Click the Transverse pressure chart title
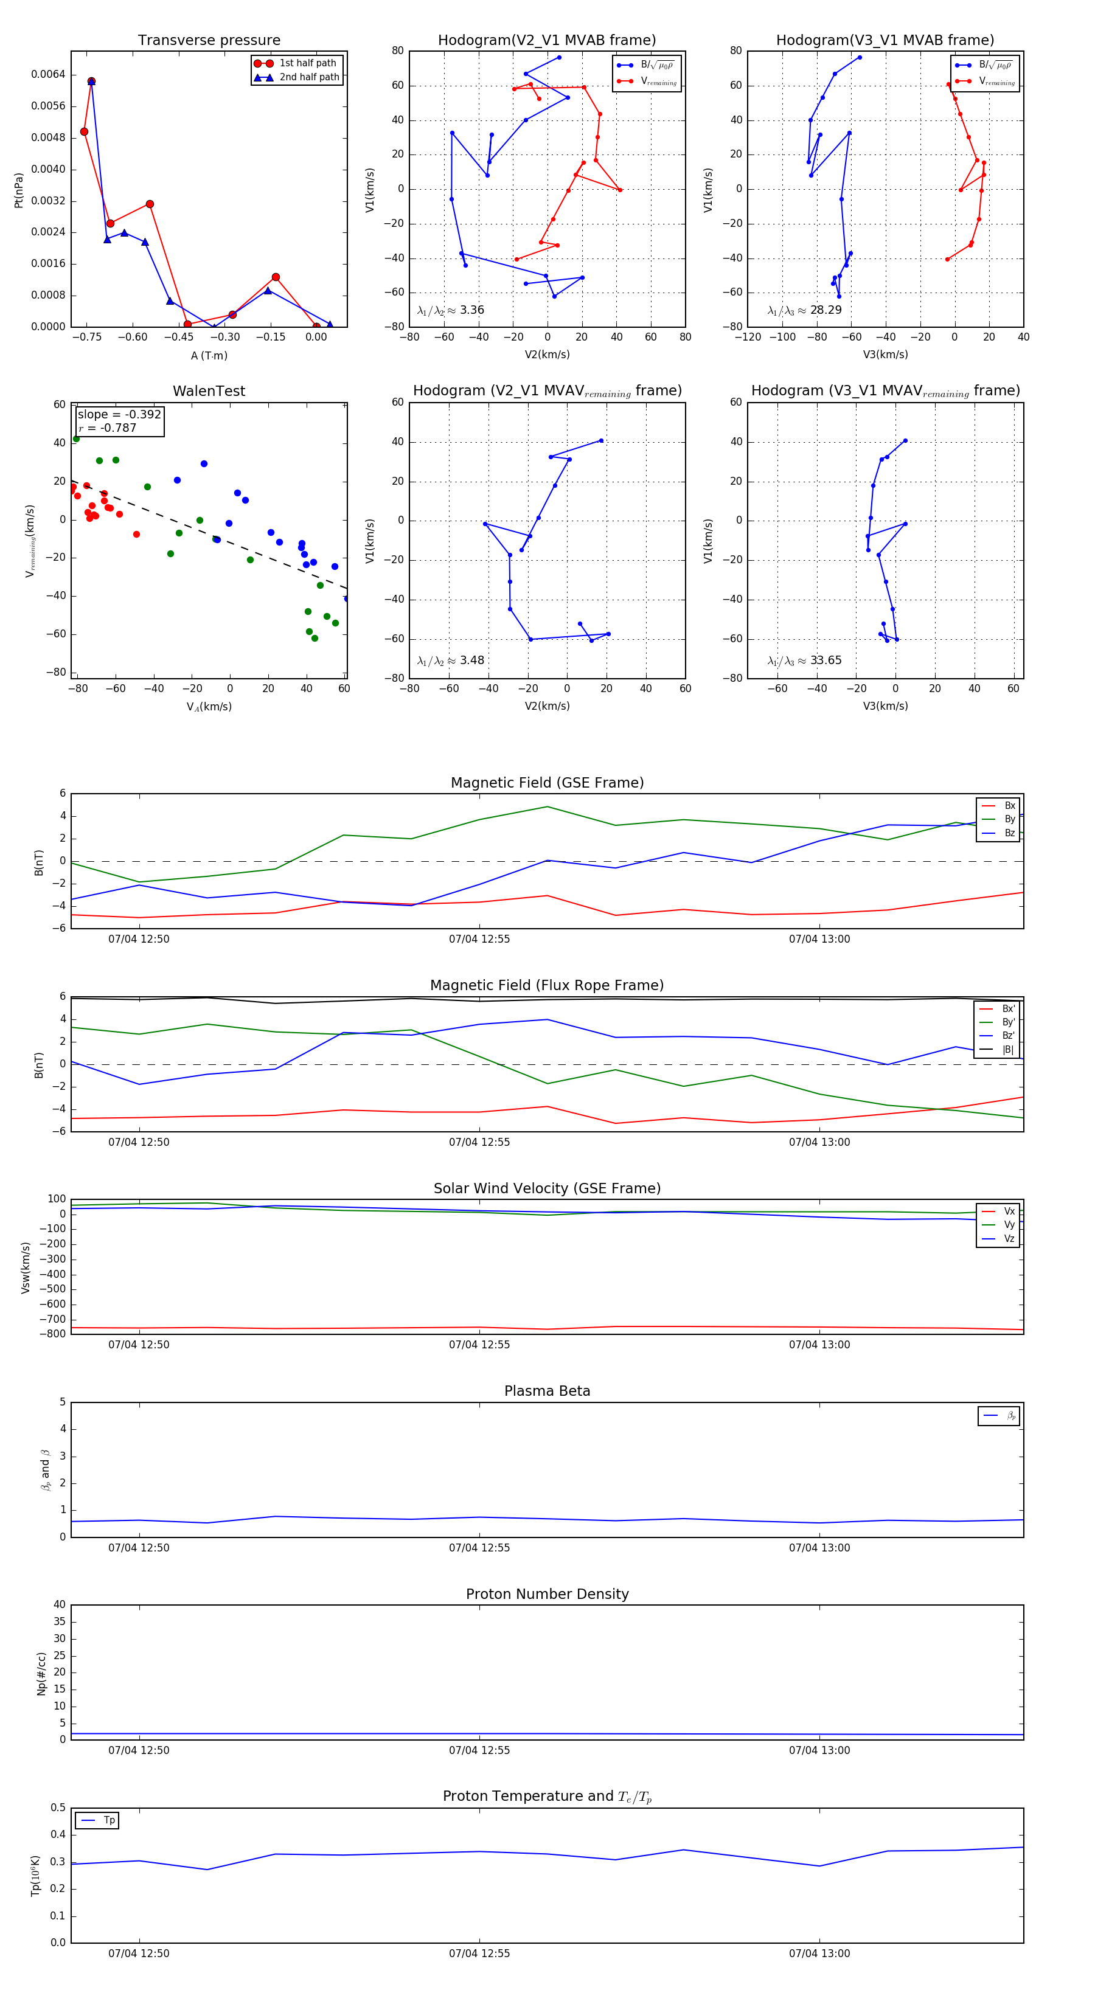click(209, 41)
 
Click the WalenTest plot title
click(209, 391)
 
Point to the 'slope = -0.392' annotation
click(119, 415)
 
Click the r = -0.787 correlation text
click(108, 428)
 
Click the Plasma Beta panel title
click(547, 1391)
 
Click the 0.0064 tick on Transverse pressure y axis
click(48, 75)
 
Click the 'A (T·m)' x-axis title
click(209, 356)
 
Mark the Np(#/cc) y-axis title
click(41, 1674)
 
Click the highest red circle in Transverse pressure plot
click(91, 81)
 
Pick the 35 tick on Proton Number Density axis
click(59, 1621)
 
